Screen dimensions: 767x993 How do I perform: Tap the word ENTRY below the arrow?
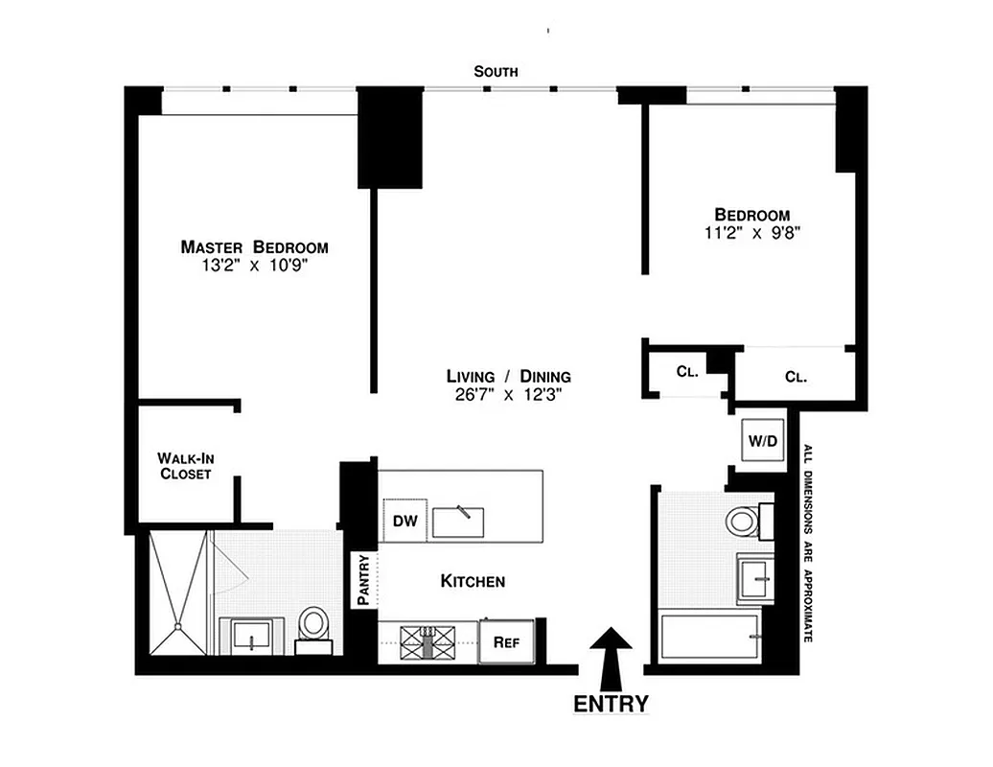coord(611,704)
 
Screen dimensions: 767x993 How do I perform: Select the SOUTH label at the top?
coord(496,71)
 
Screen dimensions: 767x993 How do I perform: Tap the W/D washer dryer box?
coord(763,442)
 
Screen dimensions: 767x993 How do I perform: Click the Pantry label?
coord(363,580)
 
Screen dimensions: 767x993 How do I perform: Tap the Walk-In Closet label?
coord(185,466)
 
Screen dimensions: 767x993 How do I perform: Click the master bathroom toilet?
coord(312,625)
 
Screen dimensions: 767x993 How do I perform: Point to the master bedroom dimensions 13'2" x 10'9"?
coord(254,268)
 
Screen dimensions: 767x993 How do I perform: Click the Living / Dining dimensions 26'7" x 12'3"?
coord(508,394)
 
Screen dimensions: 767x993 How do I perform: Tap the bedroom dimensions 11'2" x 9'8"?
coord(752,232)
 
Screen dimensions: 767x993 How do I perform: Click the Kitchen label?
coord(473,581)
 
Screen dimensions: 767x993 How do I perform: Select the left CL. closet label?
coord(686,371)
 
